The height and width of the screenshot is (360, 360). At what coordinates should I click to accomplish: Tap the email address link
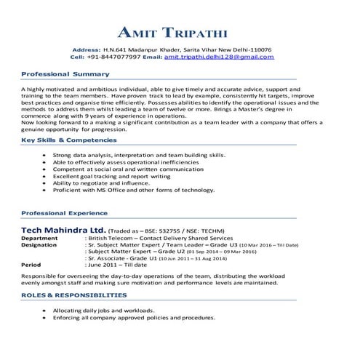tap(219, 56)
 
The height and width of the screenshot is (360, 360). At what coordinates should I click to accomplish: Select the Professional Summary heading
tap(65, 74)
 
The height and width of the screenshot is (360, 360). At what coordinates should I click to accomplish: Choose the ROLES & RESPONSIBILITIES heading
tap(73, 295)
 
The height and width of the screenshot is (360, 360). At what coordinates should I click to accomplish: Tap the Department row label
tap(39, 239)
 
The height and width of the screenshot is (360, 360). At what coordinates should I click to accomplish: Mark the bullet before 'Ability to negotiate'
tap(46, 183)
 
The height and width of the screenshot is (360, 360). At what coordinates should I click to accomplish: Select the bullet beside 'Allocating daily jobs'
tap(46, 311)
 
